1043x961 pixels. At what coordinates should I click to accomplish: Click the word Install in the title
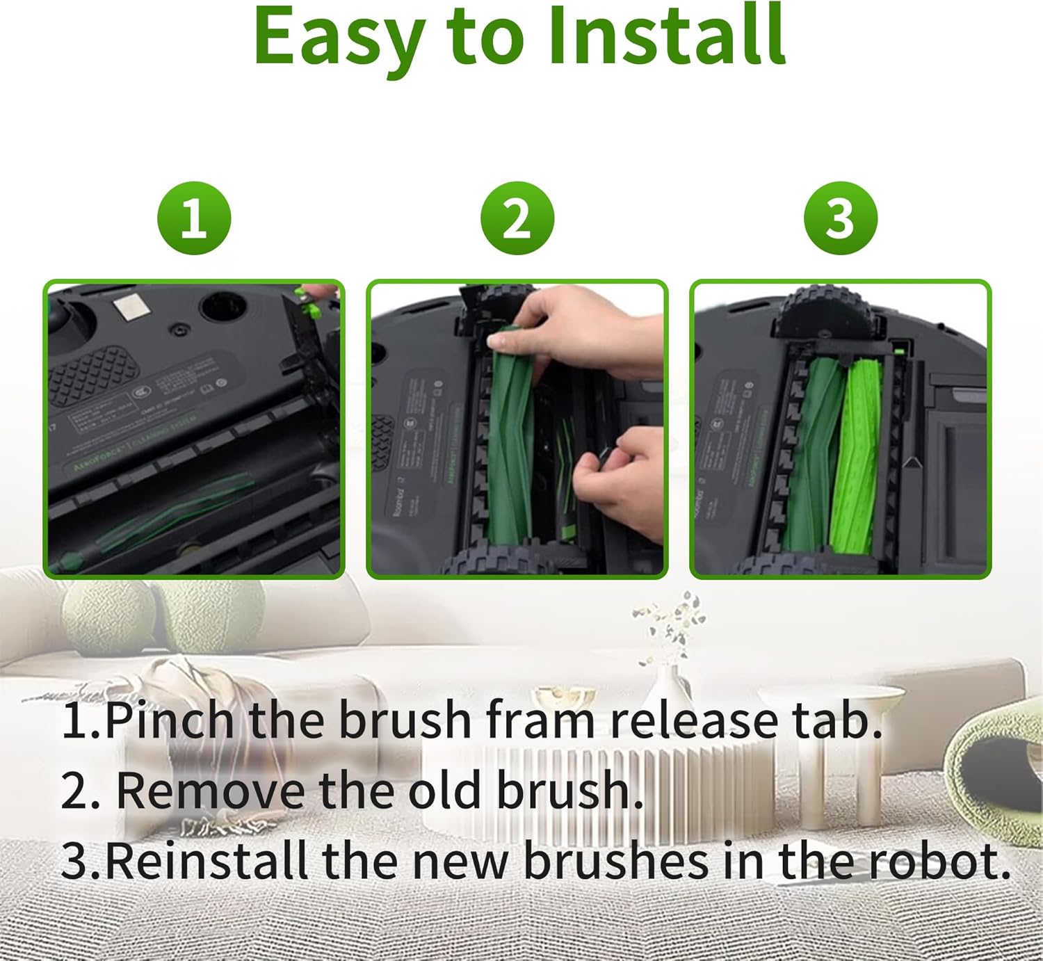click(666, 36)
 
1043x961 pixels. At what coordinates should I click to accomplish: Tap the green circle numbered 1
click(194, 218)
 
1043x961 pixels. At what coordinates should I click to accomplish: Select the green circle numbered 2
click(517, 218)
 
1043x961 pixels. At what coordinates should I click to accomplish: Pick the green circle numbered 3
click(840, 218)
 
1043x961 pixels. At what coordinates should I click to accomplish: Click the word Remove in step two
click(210, 791)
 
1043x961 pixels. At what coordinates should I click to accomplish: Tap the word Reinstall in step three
click(207, 861)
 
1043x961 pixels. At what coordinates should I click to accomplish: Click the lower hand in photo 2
click(626, 480)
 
